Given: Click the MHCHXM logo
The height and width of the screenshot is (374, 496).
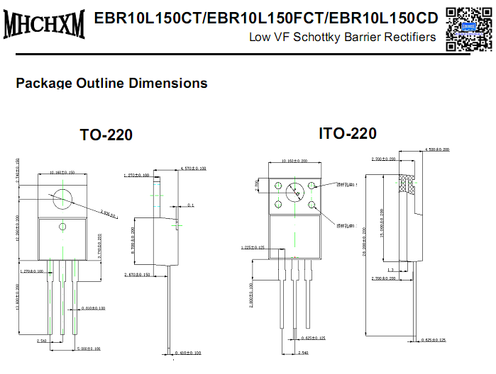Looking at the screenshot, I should [x=44, y=23].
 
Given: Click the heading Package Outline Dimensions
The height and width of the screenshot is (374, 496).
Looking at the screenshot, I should [x=111, y=83].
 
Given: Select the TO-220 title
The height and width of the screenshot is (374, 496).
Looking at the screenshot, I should [x=106, y=135].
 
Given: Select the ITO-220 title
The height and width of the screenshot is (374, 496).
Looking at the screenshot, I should [x=348, y=133].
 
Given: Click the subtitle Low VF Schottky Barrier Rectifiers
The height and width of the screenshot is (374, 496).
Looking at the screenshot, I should [x=342, y=37].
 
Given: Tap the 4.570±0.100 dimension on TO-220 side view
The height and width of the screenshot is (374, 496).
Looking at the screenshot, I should [x=189, y=169].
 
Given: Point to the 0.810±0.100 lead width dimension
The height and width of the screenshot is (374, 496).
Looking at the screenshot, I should [x=94, y=308].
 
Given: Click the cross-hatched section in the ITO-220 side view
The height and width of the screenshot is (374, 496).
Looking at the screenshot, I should [x=407, y=186].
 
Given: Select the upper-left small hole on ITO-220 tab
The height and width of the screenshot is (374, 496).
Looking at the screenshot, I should [x=278, y=187].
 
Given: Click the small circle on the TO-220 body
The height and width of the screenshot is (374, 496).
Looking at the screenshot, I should [x=62, y=227].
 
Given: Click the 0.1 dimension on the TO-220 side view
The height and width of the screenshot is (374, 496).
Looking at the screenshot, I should [x=190, y=205].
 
